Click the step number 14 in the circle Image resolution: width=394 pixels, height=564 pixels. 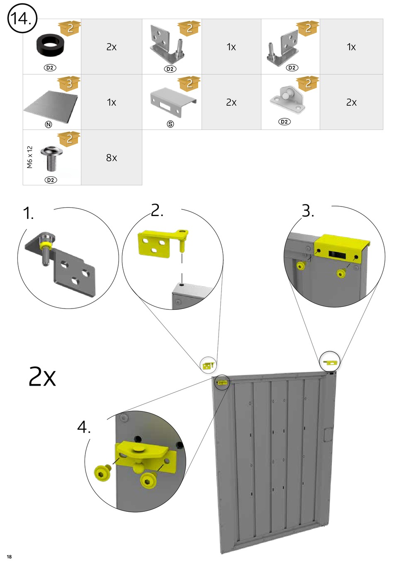pos(21,18)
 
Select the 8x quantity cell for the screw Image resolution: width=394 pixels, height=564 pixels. pos(112,158)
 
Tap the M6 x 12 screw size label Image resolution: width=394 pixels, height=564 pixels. pos(30,157)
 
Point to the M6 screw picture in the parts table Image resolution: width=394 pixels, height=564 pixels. pos(51,158)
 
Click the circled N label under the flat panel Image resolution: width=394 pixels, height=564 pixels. pos(49,124)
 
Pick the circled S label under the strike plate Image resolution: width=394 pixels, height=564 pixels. pos(170,124)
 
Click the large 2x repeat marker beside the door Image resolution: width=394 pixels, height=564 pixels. pos(42,376)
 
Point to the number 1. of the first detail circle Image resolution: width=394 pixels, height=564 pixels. pos(28,213)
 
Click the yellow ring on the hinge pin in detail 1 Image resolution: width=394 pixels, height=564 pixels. pos(46,245)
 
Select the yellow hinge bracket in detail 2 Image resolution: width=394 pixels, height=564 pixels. pos(163,243)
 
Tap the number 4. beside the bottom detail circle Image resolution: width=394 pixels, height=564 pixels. pos(84,427)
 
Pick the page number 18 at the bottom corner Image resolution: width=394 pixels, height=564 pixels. pos(9,557)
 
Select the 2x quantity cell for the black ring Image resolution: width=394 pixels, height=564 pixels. pos(112,46)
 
